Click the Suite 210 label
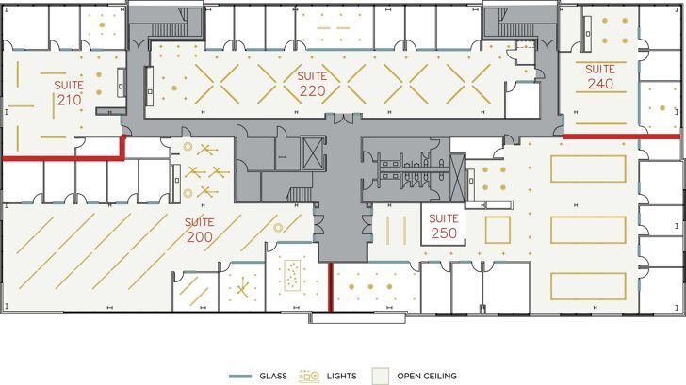(69, 92)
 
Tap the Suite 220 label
(312, 84)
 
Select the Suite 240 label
(600, 76)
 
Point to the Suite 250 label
(443, 226)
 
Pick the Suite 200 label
(199, 230)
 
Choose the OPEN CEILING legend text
(427, 376)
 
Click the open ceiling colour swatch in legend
(380, 376)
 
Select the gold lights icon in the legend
(310, 376)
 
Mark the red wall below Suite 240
(621, 136)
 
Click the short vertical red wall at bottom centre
(330, 286)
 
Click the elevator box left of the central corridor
(312, 154)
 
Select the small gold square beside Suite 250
(498, 230)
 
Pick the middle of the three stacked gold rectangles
(588, 230)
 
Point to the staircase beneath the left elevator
(299, 194)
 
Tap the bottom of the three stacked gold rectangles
(588, 286)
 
